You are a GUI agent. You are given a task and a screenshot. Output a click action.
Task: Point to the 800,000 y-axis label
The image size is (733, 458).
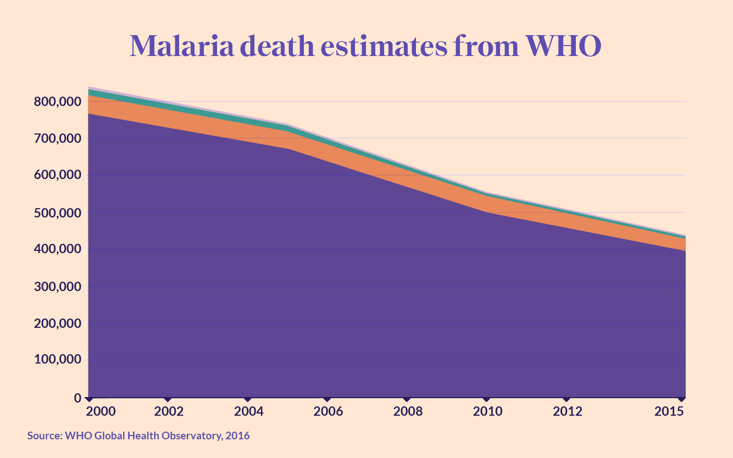pyautogui.click(x=57, y=102)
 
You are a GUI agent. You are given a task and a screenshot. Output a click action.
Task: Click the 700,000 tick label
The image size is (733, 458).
pyautogui.click(x=57, y=139)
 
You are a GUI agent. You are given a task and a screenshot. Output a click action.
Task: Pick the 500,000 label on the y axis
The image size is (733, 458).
pyautogui.click(x=57, y=213)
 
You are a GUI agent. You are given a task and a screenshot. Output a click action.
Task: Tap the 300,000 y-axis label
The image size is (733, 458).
pyautogui.click(x=57, y=287)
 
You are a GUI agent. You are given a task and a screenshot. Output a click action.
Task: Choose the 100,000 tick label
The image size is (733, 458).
pyautogui.click(x=57, y=360)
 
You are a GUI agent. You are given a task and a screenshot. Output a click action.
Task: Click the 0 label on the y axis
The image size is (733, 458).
pyautogui.click(x=78, y=398)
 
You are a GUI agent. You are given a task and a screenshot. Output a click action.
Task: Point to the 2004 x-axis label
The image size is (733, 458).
pyautogui.click(x=248, y=412)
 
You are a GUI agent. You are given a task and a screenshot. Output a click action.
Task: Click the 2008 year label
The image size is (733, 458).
pyautogui.click(x=407, y=412)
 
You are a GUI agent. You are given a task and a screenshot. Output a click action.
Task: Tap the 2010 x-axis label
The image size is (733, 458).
pyautogui.click(x=487, y=412)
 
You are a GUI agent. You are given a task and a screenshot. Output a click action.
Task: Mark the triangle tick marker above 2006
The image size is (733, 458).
pyautogui.click(x=327, y=399)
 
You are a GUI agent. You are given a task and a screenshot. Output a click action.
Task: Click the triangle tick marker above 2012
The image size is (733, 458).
pyautogui.click(x=567, y=399)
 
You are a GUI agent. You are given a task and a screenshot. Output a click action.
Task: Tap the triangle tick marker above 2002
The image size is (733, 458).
pyautogui.click(x=168, y=399)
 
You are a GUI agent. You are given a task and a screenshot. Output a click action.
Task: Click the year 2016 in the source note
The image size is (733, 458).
pyautogui.click(x=238, y=436)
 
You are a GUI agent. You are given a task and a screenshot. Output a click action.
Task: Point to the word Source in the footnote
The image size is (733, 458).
pyautogui.click(x=44, y=436)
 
